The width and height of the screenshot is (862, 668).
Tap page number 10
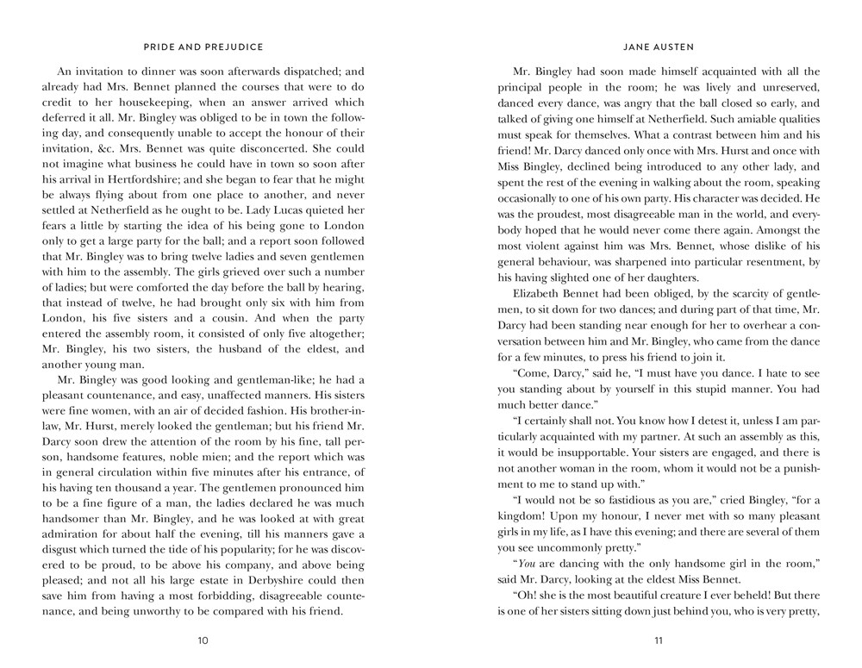(x=203, y=640)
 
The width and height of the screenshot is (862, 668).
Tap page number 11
(x=659, y=640)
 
